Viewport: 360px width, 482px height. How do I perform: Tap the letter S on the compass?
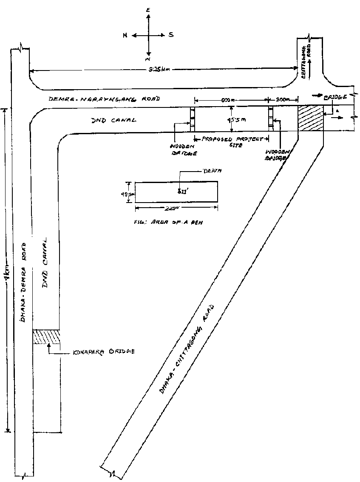pos(171,35)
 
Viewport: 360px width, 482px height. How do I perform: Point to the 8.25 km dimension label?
pos(160,70)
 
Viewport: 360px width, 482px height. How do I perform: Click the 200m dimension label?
pos(283,99)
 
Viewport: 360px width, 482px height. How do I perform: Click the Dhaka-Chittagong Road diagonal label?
pos(187,348)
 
